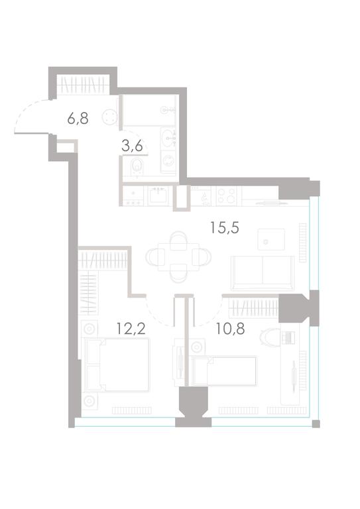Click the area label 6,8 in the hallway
pos(78,119)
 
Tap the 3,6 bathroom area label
pos(132,146)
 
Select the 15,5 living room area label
pos(225,227)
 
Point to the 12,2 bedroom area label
pos(131,329)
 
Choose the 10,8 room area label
pos(231,329)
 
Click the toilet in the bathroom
pos(137,168)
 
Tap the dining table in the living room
pos(178,257)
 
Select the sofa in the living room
pos(263,273)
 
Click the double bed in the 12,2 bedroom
pos(117,365)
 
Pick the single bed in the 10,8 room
pos(225,371)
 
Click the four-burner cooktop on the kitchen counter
pos(226,196)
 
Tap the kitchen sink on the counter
pos(158,196)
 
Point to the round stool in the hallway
pos(109,117)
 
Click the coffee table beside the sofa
pos(271,239)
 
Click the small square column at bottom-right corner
pos(316,424)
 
